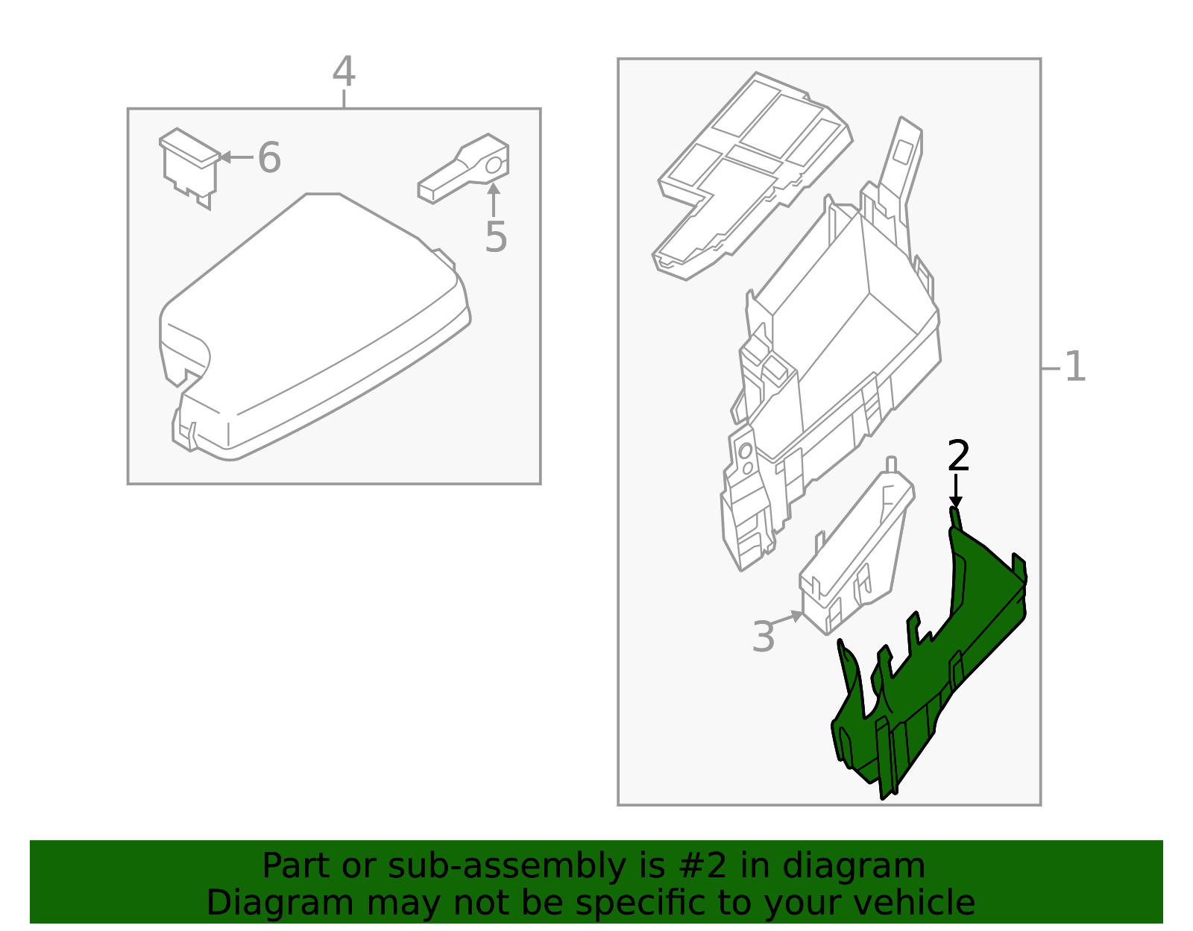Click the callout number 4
tap(344, 73)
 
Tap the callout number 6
tap(269, 158)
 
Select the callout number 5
tap(496, 238)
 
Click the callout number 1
tap(1074, 367)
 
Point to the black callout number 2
tap(958, 456)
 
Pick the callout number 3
tap(764, 637)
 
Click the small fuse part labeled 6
tap(188, 165)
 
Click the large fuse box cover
tap(313, 328)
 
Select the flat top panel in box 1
tap(753, 171)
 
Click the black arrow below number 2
tap(955, 492)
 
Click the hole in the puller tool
tap(494, 165)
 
